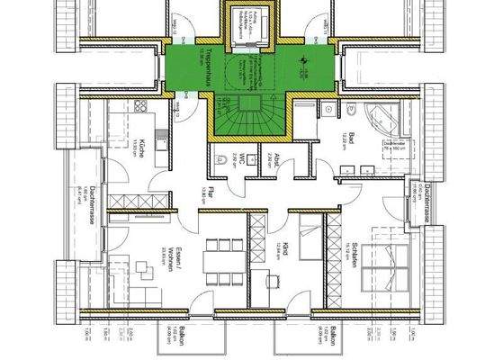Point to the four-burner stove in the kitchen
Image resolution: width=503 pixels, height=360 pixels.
click(x=141, y=108)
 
